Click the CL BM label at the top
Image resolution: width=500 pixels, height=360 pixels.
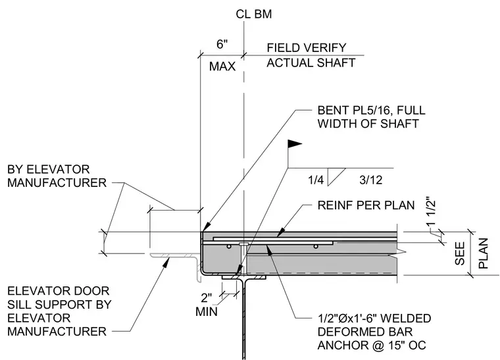click(254, 14)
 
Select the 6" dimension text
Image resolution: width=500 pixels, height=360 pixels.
click(222, 44)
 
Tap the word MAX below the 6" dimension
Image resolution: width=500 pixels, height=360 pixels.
click(222, 66)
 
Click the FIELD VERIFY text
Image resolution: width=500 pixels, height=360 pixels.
click(307, 48)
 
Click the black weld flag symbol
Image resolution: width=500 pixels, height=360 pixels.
click(295, 144)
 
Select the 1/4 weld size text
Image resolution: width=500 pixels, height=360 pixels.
click(316, 180)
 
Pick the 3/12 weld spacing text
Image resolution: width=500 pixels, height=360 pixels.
click(371, 180)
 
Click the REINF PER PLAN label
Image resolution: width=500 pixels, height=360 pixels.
click(366, 205)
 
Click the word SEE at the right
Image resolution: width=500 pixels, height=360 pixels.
click(460, 254)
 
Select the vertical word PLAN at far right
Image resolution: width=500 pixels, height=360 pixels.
click(484, 253)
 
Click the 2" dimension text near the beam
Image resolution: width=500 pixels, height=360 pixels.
click(207, 298)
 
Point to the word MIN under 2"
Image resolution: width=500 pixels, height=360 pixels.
click(207, 312)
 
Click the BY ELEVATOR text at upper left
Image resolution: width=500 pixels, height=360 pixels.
click(49, 169)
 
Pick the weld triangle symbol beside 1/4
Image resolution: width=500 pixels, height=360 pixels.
click(336, 176)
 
